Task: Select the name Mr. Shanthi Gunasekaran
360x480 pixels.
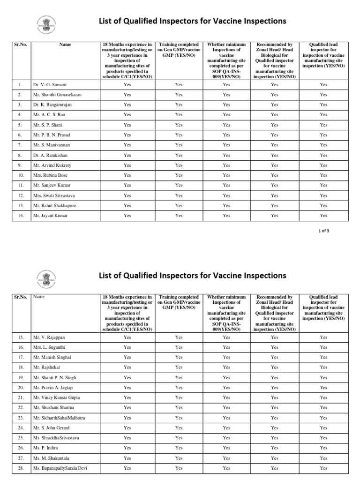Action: [x=57, y=95]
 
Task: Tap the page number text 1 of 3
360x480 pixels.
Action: [x=324, y=230]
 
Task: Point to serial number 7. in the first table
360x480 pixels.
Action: [x=20, y=145]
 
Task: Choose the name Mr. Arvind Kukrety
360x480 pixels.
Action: [x=52, y=165]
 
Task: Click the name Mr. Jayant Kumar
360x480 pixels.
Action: [x=50, y=216]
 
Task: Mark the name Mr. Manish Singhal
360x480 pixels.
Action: [x=52, y=357]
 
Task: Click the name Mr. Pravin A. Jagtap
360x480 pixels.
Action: [x=53, y=388]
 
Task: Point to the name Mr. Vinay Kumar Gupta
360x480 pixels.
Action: [x=56, y=397]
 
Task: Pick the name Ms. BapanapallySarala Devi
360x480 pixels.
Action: [x=60, y=468]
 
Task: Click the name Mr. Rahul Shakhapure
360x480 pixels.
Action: [x=54, y=206]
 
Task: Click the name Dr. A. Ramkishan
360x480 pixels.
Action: [x=50, y=155]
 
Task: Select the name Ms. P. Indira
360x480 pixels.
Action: [x=45, y=448]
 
